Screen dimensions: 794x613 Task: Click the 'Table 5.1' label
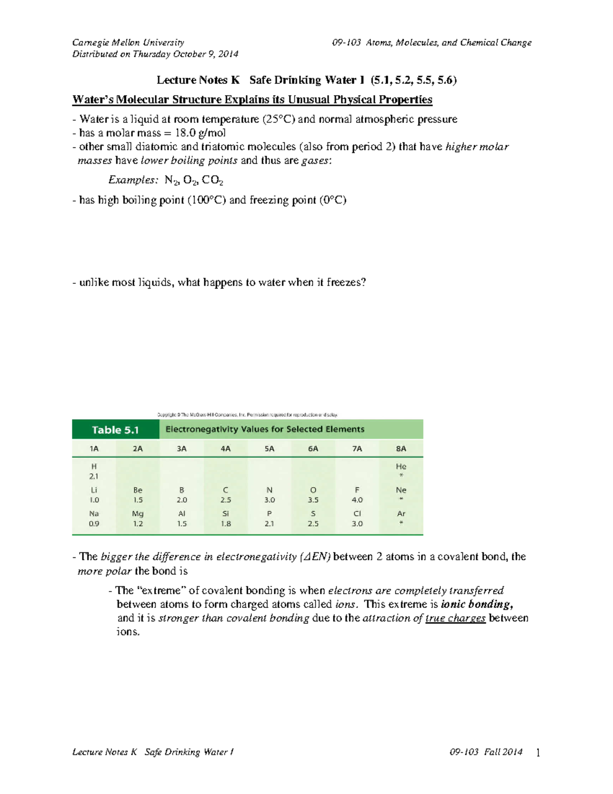[x=115, y=430]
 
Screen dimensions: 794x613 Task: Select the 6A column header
[x=313, y=448]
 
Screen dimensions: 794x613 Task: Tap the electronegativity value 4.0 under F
[x=357, y=500]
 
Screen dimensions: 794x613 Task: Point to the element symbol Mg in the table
[x=138, y=513]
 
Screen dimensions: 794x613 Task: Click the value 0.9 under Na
[x=94, y=524]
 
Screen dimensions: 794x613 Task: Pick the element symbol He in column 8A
[x=401, y=466]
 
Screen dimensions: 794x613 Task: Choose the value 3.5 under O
[x=313, y=500]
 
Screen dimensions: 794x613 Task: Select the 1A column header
[x=94, y=448]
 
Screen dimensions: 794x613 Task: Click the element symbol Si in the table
[x=226, y=513]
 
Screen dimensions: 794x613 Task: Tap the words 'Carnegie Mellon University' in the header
[x=128, y=42]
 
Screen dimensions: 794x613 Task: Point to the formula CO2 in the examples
[x=213, y=180]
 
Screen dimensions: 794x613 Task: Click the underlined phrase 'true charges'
[x=455, y=618]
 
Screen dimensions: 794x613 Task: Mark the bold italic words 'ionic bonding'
[x=477, y=604]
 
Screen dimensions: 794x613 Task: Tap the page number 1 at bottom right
[x=538, y=752]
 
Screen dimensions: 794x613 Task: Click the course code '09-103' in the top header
[x=346, y=42]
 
